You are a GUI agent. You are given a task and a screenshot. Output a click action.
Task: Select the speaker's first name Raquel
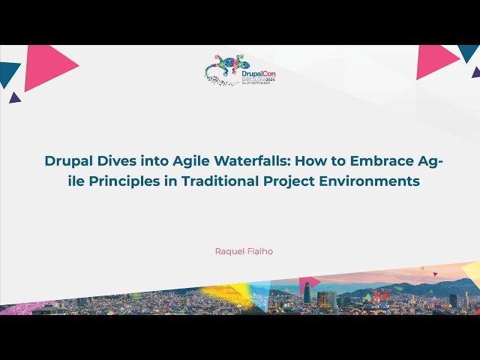coord(228,251)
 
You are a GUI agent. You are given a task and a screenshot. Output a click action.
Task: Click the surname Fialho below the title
coord(259,251)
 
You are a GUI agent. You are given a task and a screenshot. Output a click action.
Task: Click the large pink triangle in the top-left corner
coord(46,66)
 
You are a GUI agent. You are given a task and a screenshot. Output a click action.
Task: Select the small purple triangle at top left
coord(14,97)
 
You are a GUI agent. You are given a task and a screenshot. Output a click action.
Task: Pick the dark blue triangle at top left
coord(7,73)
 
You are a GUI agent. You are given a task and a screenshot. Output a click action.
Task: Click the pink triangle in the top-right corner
coord(435,60)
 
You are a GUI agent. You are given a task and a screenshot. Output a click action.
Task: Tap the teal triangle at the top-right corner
coord(469,51)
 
